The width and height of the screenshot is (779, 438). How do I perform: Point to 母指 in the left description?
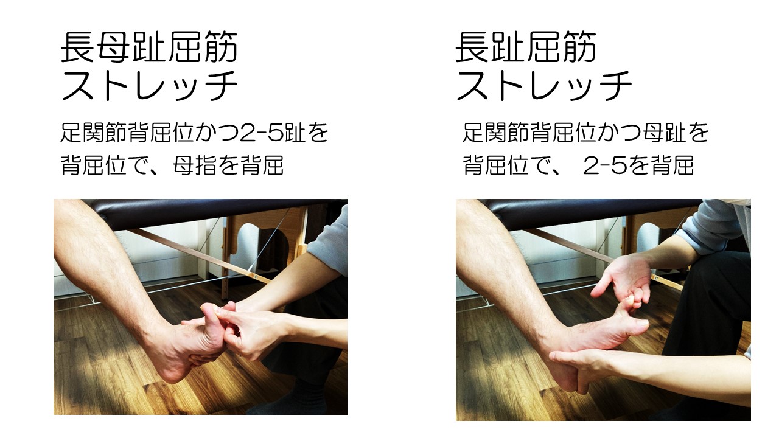coord(195,165)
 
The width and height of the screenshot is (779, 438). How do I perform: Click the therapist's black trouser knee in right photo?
coord(710,278)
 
